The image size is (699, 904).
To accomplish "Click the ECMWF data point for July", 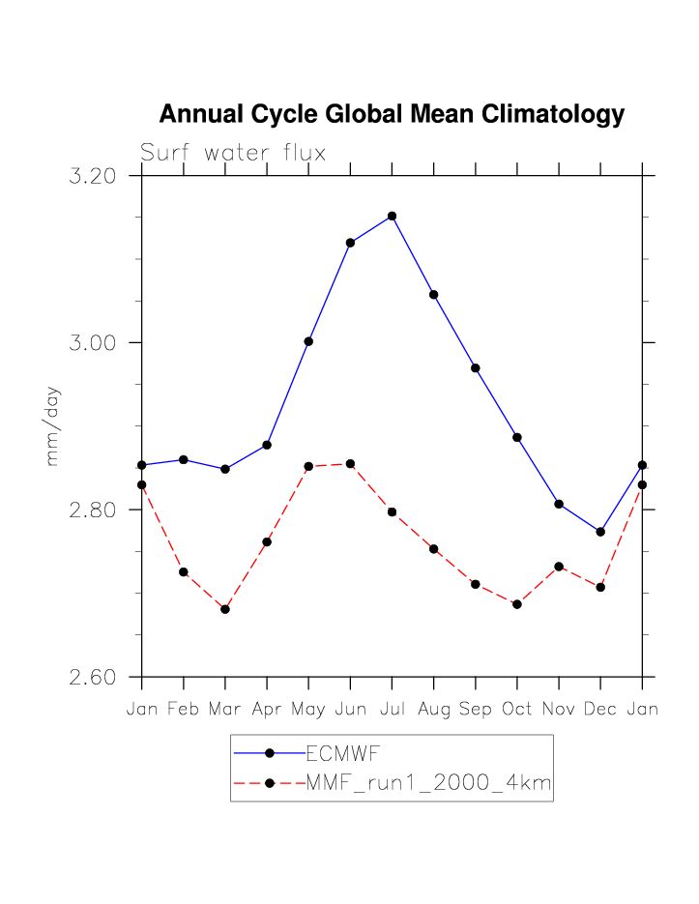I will (392, 216).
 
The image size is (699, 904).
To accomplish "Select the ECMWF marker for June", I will (350, 243).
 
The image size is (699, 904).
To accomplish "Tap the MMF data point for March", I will (225, 609).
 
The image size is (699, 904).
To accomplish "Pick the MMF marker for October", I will (517, 604).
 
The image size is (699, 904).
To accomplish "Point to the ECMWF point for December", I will (600, 532).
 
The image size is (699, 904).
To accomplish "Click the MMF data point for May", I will (308, 466).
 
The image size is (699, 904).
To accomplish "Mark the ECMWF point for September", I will (476, 367).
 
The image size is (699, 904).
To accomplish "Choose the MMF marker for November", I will (559, 567).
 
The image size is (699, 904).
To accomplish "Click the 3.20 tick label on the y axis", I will (94, 177).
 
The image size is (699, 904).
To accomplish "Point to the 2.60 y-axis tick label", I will (94, 677).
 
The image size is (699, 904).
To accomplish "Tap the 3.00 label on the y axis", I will (94, 343).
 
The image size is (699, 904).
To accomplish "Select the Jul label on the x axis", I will (392, 710).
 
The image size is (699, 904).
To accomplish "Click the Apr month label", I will (267, 710).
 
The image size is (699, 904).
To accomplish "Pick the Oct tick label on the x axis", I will (517, 710).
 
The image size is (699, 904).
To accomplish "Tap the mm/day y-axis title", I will (53, 425).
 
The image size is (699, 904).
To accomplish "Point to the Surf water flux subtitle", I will (233, 153).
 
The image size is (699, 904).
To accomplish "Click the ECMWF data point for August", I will (434, 294).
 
